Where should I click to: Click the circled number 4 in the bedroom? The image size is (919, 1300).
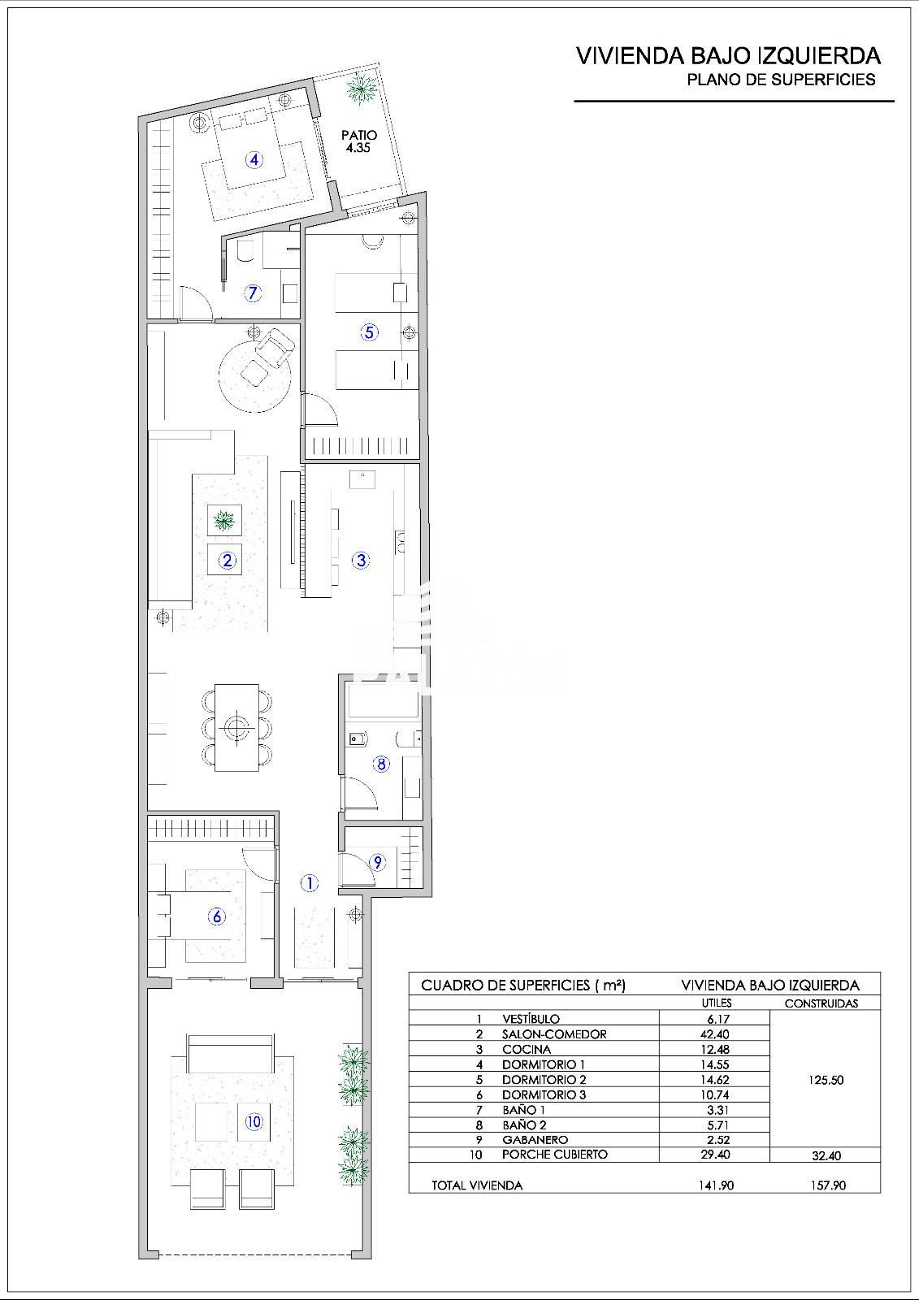point(254,159)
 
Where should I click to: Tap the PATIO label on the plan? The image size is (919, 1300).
point(359,135)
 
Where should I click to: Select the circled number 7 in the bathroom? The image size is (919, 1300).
point(252,293)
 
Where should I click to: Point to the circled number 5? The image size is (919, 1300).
point(369,332)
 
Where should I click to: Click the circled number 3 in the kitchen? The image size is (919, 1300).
point(361,560)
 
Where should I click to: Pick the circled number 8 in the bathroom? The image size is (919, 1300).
point(381,764)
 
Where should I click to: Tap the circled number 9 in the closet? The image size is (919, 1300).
point(377,862)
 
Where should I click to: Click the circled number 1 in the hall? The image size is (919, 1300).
point(310,883)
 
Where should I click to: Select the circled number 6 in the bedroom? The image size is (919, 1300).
point(216,916)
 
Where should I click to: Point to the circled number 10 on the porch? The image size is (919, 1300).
point(254,1122)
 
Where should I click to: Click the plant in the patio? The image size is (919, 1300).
point(360,89)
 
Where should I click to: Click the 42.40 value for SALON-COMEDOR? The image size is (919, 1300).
point(715,1033)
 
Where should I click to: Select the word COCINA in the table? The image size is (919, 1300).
point(527,1049)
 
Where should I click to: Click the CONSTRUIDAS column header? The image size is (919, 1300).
point(821,1003)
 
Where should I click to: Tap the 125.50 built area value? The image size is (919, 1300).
point(826,1080)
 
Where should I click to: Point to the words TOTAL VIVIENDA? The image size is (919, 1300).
point(477,1185)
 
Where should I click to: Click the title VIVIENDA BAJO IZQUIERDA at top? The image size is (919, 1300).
point(729,56)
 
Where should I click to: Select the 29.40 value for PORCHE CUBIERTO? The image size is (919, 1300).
point(715,1155)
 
